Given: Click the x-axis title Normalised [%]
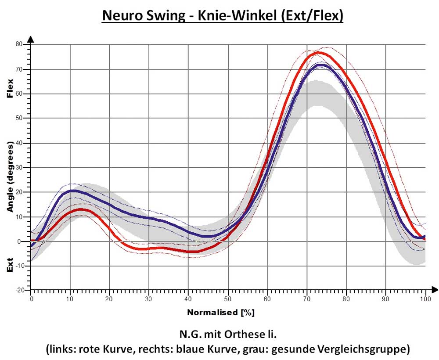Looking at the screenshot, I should pyautogui.click(x=221, y=313).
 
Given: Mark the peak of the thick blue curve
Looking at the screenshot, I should pyautogui.click(x=323, y=65).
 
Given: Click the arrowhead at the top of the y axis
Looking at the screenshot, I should pyautogui.click(x=31, y=39).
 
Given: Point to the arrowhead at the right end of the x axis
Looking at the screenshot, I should pyautogui.click(x=434, y=289).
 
